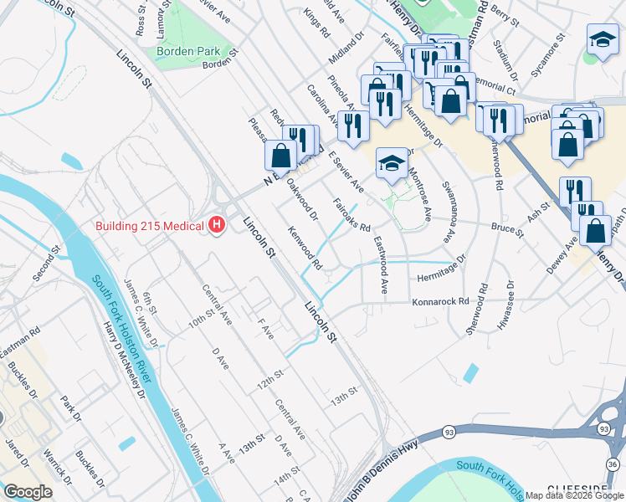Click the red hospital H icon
click(x=218, y=225)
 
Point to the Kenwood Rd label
click(x=305, y=248)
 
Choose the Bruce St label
click(x=507, y=227)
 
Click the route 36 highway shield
click(x=613, y=465)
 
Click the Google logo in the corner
click(x=28, y=492)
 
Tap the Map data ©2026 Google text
click(x=574, y=495)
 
